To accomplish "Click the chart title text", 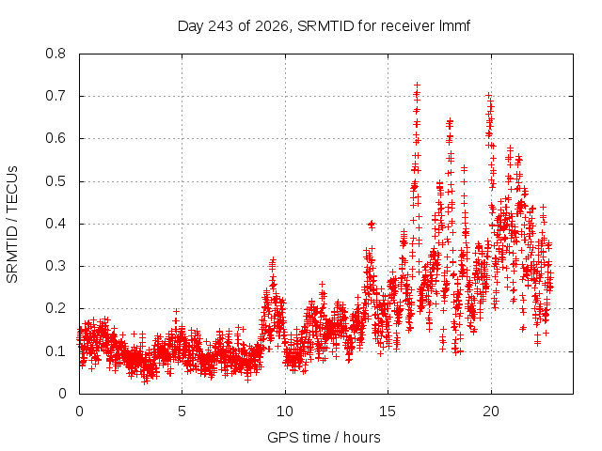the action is pos(324,26).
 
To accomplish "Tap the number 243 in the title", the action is pos(220,26).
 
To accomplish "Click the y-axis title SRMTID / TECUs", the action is pos(12,225).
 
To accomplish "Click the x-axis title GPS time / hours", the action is pos(324,437).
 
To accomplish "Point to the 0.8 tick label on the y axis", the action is pos(55,54).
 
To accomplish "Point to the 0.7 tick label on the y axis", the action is pos(55,96).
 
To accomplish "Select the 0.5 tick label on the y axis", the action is pos(55,181).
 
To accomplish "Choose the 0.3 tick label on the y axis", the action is pos(55,266).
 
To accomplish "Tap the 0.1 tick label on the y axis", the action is pos(55,350).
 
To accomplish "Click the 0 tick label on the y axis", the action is pos(62,394).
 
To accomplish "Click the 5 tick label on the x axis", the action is pos(182,412).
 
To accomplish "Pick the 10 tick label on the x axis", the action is pos(285,412).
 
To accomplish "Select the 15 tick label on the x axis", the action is pos(388,412).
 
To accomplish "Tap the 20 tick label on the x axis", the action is pos(491,412).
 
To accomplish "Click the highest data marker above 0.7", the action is pos(417,85).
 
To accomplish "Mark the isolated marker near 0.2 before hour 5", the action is pos(176,311).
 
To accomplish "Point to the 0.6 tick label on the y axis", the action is pos(55,138).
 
